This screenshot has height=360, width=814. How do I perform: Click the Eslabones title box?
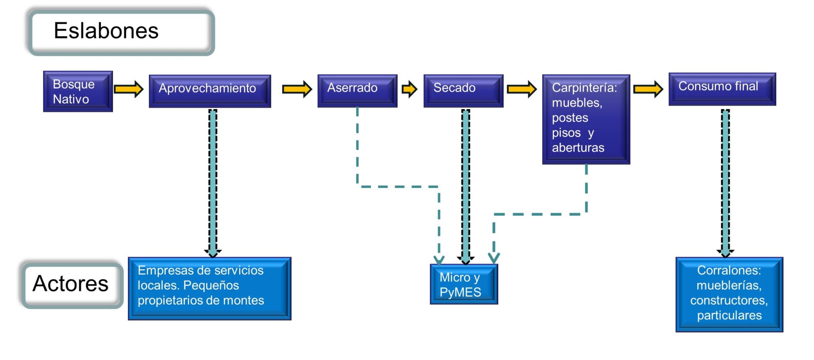[121, 32]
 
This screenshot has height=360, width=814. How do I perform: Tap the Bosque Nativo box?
[78, 91]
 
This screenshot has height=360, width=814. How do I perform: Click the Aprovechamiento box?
[210, 91]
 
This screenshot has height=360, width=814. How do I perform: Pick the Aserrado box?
[357, 90]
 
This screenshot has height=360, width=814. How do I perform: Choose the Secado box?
[463, 90]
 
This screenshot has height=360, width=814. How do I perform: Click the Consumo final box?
[722, 89]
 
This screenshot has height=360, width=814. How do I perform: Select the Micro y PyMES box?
[464, 284]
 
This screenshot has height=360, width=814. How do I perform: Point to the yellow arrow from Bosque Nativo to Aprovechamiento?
[129, 89]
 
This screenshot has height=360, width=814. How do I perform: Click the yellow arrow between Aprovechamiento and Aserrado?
[297, 89]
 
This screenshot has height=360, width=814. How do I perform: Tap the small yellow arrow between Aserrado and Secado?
[410, 89]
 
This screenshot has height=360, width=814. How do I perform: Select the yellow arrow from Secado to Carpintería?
[522, 89]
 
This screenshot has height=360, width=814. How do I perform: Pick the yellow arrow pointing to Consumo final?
[648, 89]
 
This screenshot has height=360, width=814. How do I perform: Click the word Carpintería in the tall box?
[584, 88]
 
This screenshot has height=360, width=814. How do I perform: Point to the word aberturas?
[578, 148]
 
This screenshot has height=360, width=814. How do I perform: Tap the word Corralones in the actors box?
[729, 270]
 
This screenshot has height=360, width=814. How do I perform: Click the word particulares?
[729, 315]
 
